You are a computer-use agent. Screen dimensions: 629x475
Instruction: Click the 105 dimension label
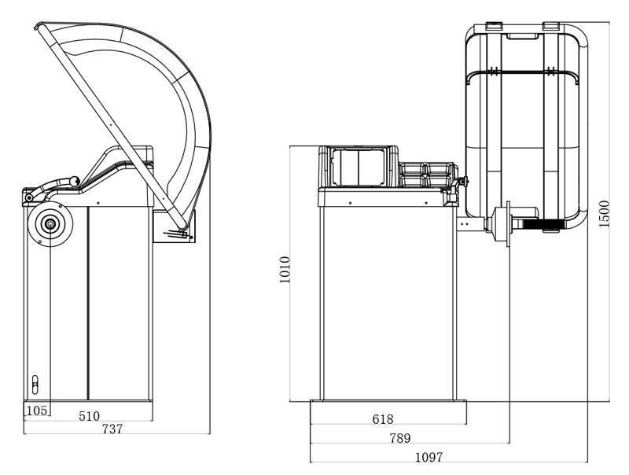[36, 411]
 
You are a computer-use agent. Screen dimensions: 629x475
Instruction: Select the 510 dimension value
[89, 416]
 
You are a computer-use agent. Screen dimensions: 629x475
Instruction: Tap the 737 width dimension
[112, 429]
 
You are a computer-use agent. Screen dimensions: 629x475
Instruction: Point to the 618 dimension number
[383, 419]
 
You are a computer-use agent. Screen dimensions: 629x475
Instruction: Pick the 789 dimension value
[400, 438]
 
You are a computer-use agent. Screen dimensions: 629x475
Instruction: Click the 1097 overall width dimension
[429, 457]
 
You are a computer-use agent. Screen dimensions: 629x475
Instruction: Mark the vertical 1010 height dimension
[285, 270]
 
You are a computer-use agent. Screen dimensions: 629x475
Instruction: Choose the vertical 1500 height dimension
[604, 214]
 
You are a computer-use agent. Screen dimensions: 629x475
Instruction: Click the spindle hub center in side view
[50, 224]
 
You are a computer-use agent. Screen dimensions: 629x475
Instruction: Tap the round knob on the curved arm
[74, 182]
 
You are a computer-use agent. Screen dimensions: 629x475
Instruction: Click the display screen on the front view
[358, 168]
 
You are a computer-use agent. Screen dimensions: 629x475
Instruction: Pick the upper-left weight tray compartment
[412, 169]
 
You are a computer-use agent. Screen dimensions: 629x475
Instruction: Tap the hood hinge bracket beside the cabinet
[174, 226]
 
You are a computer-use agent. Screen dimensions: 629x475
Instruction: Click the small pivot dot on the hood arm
[110, 125]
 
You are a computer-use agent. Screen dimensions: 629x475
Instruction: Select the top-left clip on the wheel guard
[494, 26]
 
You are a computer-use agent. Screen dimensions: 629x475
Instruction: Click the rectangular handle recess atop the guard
[523, 36]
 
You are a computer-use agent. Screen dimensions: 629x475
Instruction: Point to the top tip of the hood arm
[36, 27]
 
